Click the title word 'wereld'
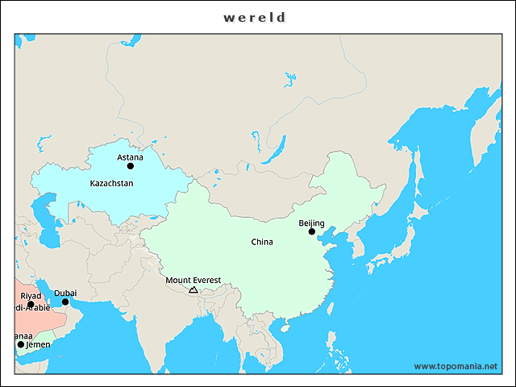[x=255, y=17]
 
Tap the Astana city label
[x=130, y=157]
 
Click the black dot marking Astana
[x=131, y=166]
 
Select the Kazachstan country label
[x=111, y=183]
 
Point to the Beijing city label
[x=311, y=223]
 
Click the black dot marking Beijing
[x=312, y=232]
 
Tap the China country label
[x=262, y=242]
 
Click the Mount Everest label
[x=193, y=281]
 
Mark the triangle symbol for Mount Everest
[x=193, y=289]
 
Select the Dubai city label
[x=65, y=293]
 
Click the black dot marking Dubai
[x=65, y=302]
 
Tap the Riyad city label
[x=31, y=296]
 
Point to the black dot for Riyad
[x=31, y=305]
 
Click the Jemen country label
[x=38, y=344]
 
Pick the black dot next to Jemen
[x=21, y=344]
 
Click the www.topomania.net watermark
[x=456, y=366]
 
